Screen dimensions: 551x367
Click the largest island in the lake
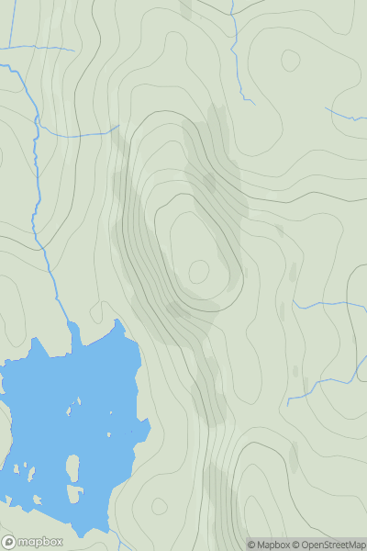(72, 469)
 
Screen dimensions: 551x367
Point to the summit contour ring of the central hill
(198, 271)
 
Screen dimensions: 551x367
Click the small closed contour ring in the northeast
(291, 61)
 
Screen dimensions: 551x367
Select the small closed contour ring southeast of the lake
(160, 506)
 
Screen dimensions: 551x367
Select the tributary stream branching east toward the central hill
(78, 134)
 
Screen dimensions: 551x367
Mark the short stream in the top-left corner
(41, 47)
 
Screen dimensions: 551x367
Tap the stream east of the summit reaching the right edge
(330, 304)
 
